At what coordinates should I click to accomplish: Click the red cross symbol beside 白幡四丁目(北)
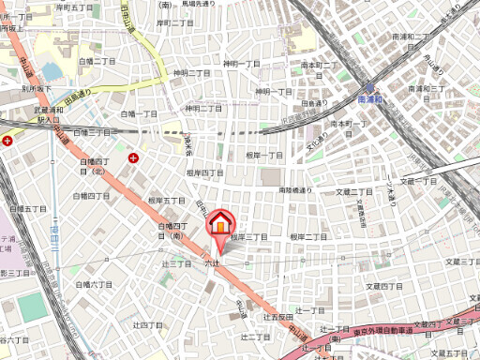[134, 157]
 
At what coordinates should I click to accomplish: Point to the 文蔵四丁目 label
[384, 286]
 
